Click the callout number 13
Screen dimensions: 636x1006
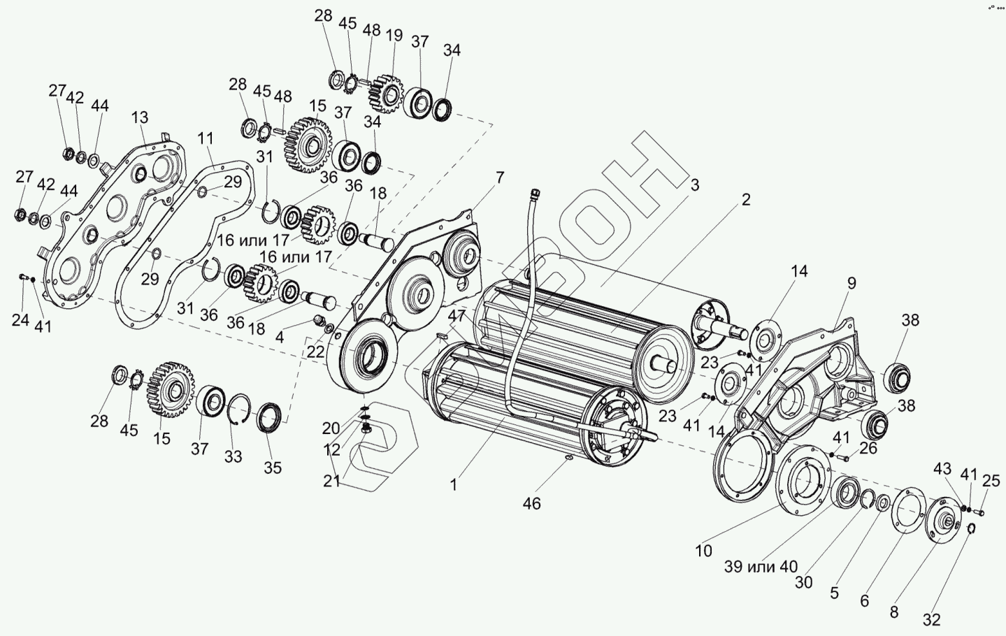coord(140,116)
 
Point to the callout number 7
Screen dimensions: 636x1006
coord(500,178)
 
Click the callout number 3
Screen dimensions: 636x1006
coord(694,185)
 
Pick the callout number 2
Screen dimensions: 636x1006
coord(746,199)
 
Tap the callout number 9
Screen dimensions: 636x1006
coord(851,283)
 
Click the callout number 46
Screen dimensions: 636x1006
coord(531,503)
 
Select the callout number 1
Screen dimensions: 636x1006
coord(454,484)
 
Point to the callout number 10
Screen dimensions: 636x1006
coord(703,551)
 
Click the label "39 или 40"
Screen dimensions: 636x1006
coord(761,567)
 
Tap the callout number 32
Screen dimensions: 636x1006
coord(931,620)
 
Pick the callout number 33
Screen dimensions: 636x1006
coord(233,456)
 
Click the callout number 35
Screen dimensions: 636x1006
coord(272,468)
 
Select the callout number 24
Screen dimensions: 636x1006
coord(20,320)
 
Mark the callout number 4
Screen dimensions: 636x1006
coord(280,336)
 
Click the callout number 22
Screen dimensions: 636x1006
coord(315,352)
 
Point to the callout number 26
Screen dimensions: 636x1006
coord(868,448)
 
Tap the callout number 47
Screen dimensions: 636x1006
coord(457,316)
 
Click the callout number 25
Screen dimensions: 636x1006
coord(991,480)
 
